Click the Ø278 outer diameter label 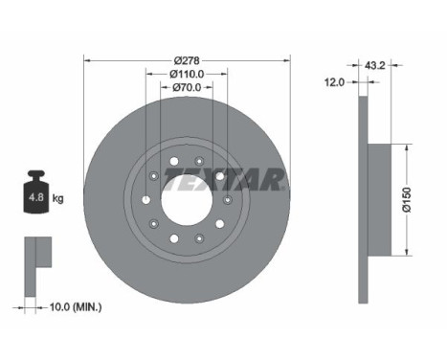pyautogui.click(x=187, y=60)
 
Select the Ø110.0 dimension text pyautogui.click(x=187, y=74)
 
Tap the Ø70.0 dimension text pyautogui.click(x=187, y=87)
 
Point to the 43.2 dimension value pyautogui.click(x=375, y=65)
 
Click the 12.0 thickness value pyautogui.click(x=334, y=82)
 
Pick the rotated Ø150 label pyautogui.click(x=407, y=200)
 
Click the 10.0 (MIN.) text pyautogui.click(x=76, y=307)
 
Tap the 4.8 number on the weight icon pyautogui.click(x=36, y=197)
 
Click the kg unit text pyautogui.click(x=57, y=198)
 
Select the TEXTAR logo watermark pyautogui.click(x=224, y=179)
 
